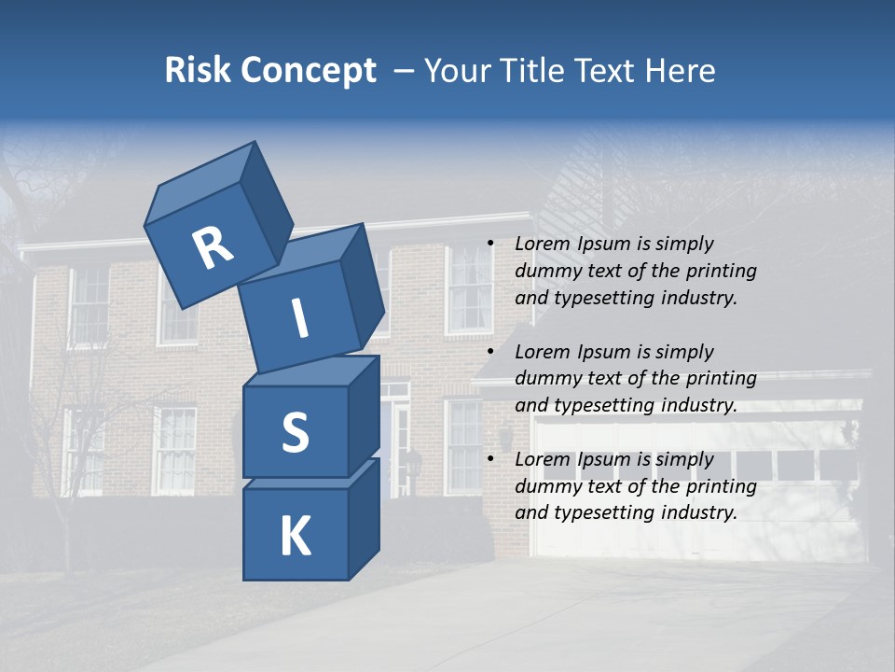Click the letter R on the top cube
click(x=213, y=248)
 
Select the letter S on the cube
click(x=295, y=432)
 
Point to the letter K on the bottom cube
click(x=295, y=537)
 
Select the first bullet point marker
click(x=490, y=244)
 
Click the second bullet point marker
click(x=490, y=352)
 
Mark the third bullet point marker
click(x=490, y=459)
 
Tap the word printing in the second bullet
click(x=723, y=379)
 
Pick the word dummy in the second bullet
click(x=546, y=379)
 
